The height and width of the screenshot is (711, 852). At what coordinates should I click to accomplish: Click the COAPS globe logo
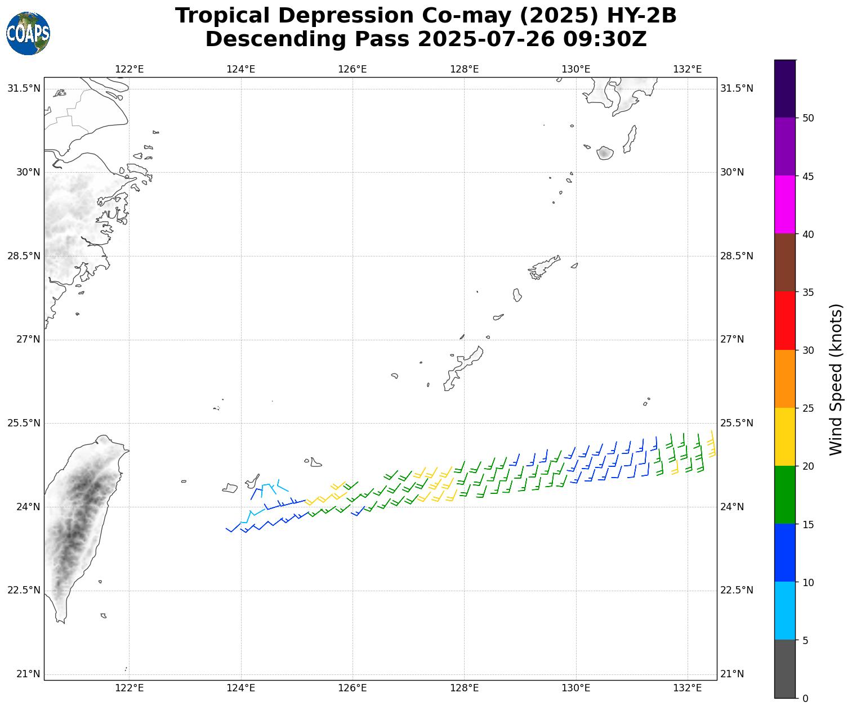click(28, 34)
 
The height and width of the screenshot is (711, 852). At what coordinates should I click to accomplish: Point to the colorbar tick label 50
click(808, 118)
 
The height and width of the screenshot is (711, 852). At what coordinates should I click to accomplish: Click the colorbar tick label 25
click(808, 408)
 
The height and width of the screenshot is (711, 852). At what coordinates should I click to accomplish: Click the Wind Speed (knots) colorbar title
click(836, 379)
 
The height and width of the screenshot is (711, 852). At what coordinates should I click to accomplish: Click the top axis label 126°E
click(353, 69)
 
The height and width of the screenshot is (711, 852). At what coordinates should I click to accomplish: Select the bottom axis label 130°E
click(576, 688)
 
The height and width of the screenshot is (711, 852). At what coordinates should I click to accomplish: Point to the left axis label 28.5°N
click(24, 256)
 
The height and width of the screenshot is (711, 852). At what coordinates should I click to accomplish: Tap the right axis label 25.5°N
click(737, 423)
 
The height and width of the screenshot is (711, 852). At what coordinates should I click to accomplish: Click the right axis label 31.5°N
click(737, 88)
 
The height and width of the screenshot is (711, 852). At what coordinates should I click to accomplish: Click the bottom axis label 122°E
click(130, 688)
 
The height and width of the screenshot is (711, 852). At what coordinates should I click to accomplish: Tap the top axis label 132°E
click(688, 69)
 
